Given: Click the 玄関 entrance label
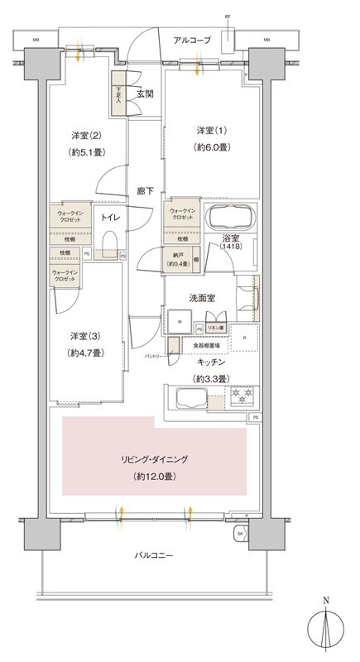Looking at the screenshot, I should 145,94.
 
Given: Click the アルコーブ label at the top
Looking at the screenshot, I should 193,40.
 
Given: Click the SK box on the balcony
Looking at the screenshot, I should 240,534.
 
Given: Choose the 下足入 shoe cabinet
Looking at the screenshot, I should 118,97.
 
